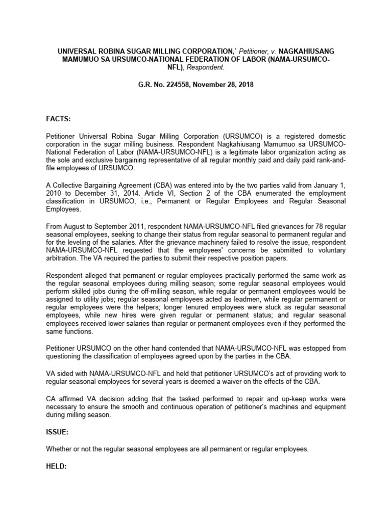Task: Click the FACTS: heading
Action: click(x=59, y=119)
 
